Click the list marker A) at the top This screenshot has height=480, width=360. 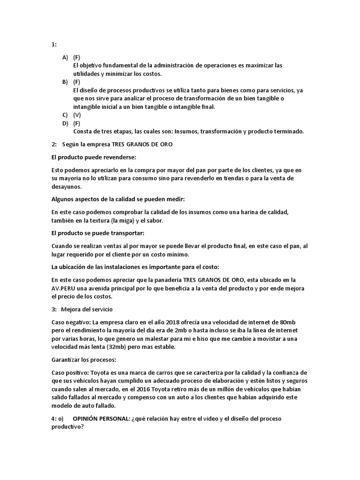(65, 57)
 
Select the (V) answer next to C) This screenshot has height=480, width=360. (77, 115)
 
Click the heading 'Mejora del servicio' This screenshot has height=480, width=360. (87, 309)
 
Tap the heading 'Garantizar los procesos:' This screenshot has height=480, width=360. (83, 360)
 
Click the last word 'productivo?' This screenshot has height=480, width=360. (67, 427)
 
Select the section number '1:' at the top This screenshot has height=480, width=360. (54, 45)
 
